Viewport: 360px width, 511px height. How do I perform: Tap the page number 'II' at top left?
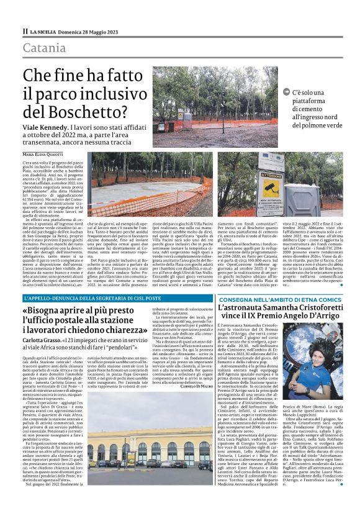click(25, 31)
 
